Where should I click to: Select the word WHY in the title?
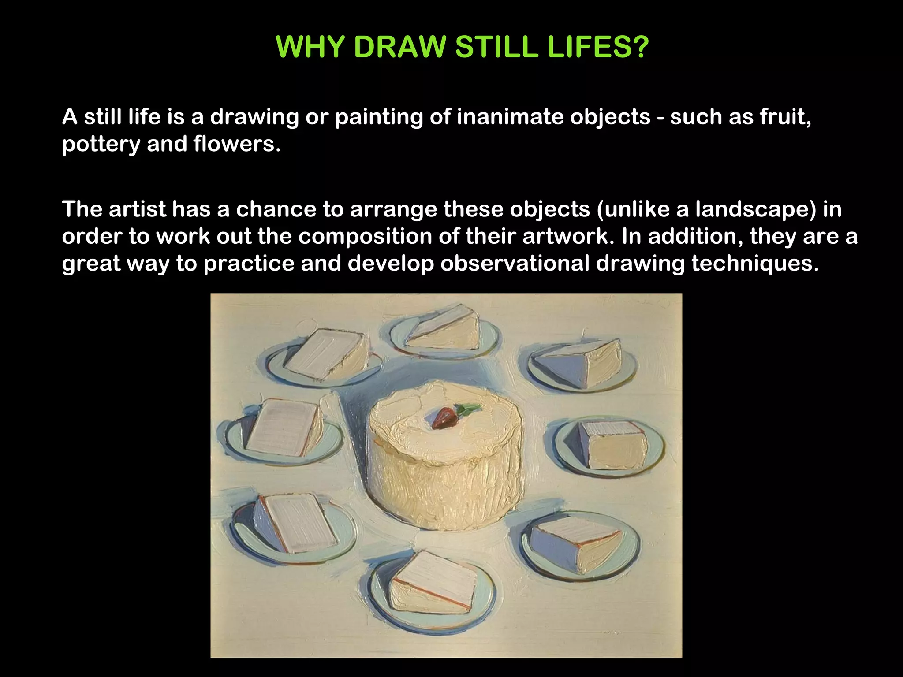click(310, 47)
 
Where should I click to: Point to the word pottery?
click(101, 145)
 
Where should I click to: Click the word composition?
click(365, 237)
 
